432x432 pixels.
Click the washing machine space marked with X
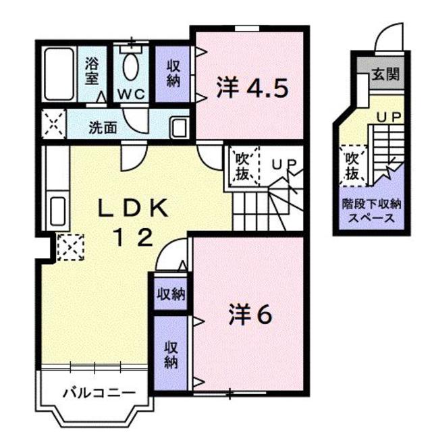[53, 125]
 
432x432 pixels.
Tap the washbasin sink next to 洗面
[180, 126]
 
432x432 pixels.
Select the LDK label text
[136, 208]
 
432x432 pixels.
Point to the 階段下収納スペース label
[372, 209]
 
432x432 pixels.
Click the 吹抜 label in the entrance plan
[352, 165]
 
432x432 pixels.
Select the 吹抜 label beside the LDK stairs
[243, 166]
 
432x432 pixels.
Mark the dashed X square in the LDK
[70, 247]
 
